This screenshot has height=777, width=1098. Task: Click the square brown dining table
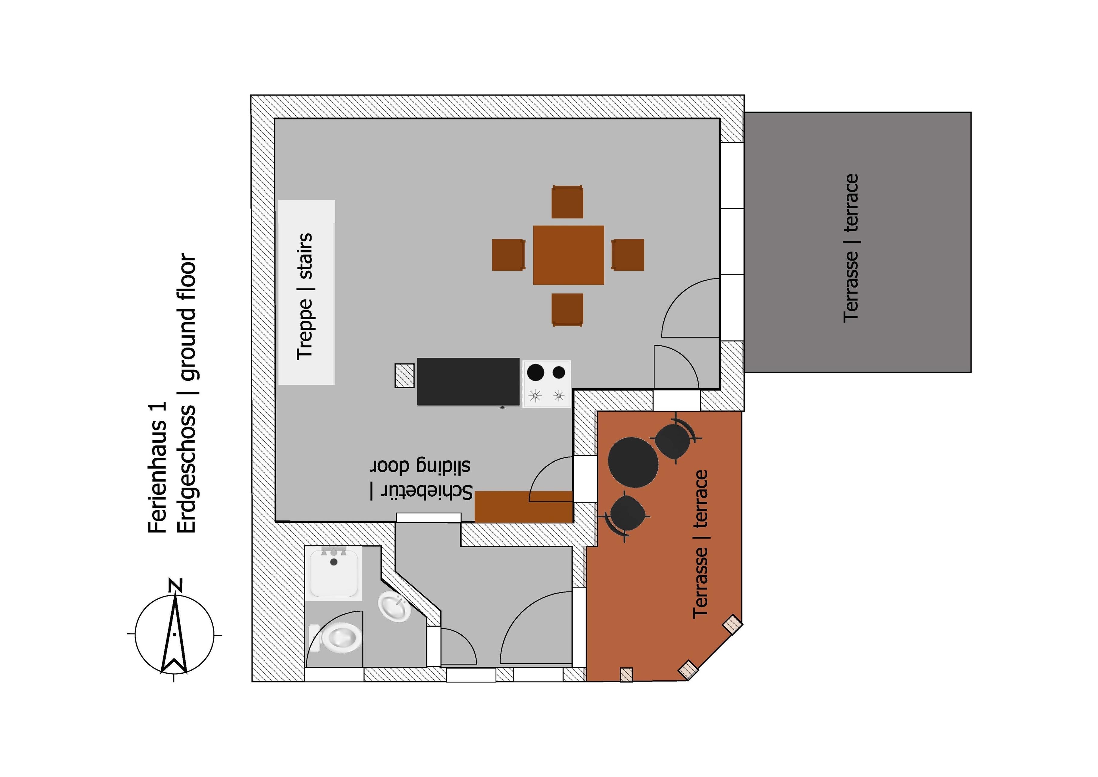569,255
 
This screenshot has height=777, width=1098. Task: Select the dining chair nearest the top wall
567,202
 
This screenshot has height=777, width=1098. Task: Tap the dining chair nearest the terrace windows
628,255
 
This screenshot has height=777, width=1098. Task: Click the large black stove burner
536,372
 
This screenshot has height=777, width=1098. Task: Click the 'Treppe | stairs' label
305,297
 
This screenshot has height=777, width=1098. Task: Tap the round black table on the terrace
633,462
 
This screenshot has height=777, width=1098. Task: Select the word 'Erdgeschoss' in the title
187,469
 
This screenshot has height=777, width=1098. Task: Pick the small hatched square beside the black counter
404,376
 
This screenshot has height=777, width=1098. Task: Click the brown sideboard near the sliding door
524,507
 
